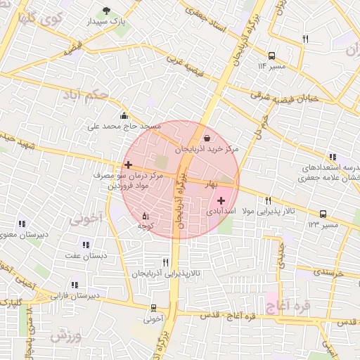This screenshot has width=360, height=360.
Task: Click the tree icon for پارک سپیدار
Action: tap(106, 11)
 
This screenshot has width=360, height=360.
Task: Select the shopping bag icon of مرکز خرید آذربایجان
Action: tap(207, 138)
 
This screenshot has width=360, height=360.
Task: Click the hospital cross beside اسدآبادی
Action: tap(221, 200)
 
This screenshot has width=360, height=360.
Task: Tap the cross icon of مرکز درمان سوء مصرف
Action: tap(127, 165)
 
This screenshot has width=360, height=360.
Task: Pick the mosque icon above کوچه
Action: tap(146, 215)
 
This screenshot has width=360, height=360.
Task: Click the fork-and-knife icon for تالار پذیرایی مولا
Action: tap(268, 200)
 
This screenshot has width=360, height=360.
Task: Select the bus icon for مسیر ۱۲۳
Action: tap(323, 214)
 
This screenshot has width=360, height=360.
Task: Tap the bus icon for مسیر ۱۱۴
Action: tap(271, 55)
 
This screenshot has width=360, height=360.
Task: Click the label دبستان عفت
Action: tap(85, 256)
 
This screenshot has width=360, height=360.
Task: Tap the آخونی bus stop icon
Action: tap(153, 307)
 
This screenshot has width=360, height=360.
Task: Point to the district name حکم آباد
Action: tap(85, 94)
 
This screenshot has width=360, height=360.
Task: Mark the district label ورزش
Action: tap(65, 335)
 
